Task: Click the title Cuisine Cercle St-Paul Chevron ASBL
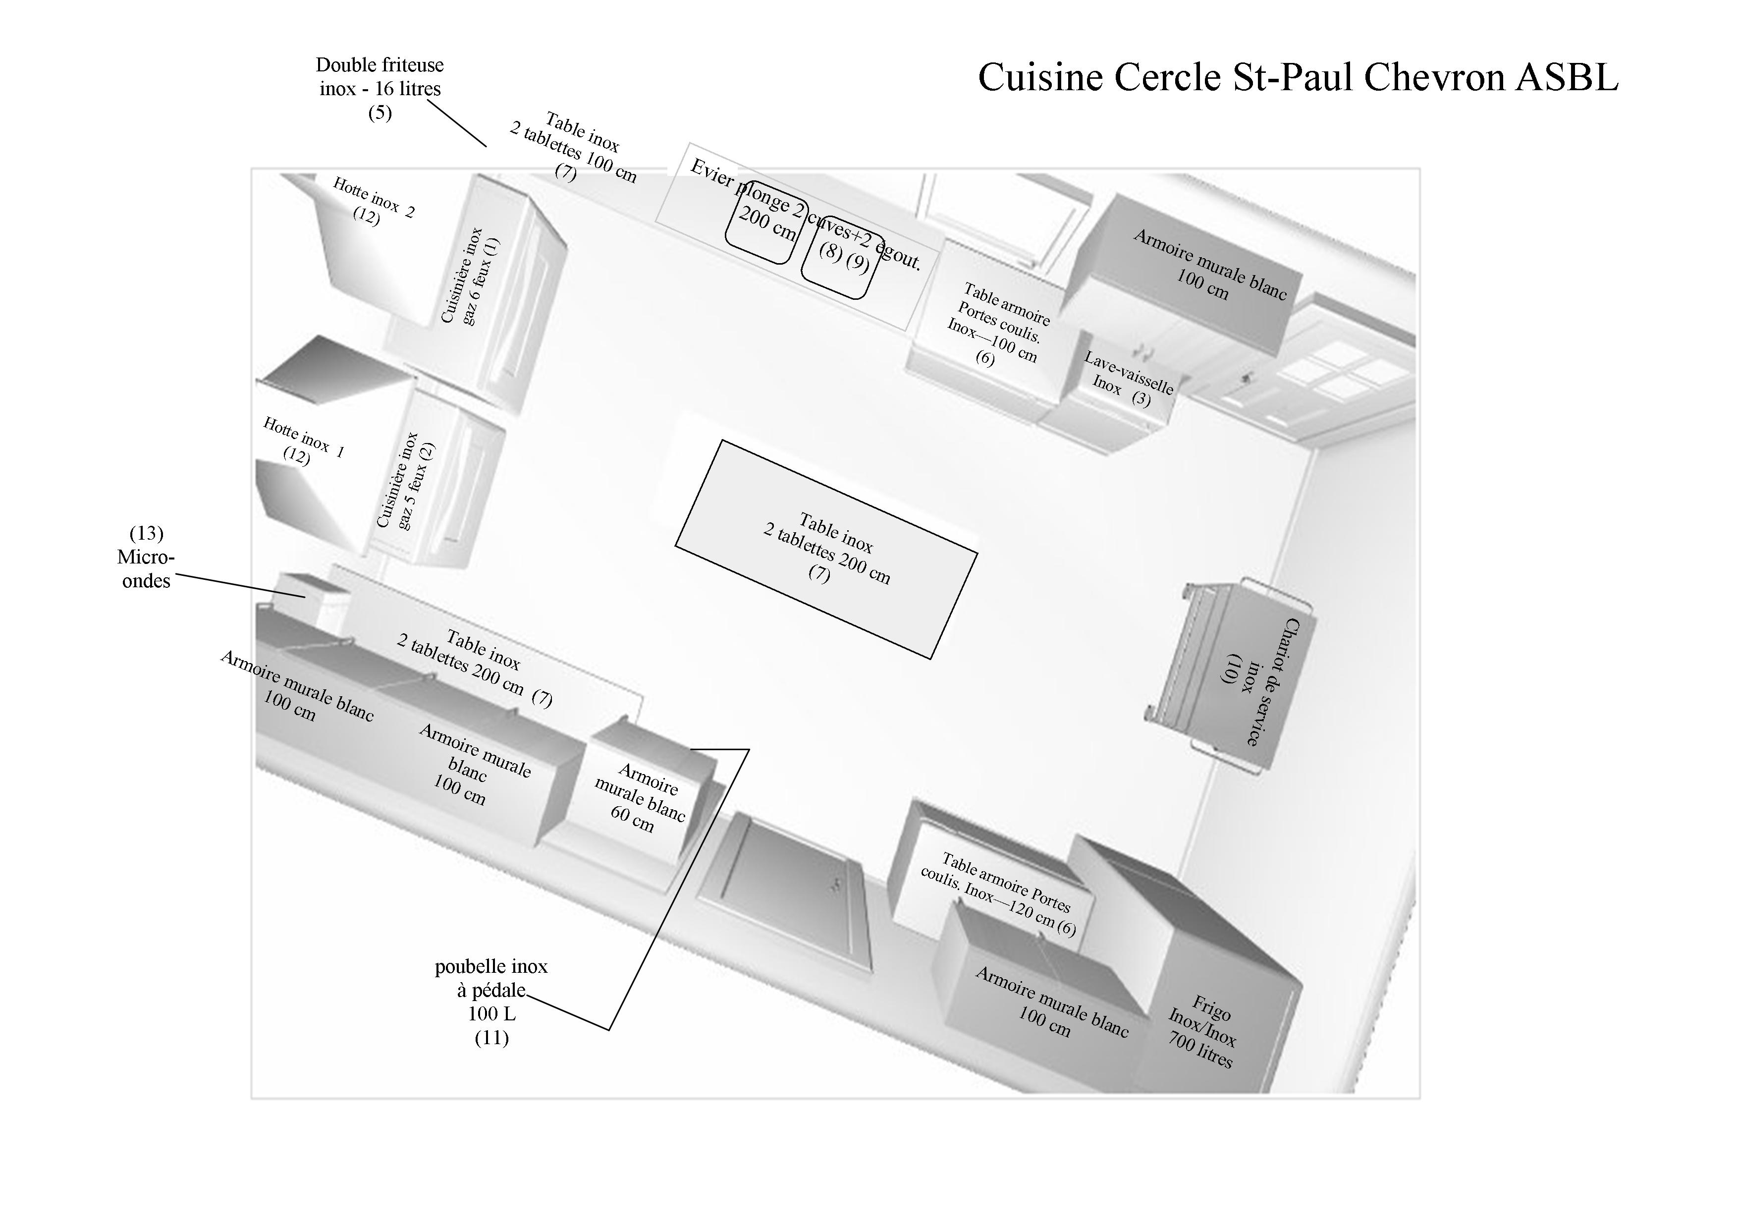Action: [1298, 77]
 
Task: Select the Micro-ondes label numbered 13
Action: [146, 558]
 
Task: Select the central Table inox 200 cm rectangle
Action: [826, 549]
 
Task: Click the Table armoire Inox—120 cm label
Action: [1000, 894]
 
